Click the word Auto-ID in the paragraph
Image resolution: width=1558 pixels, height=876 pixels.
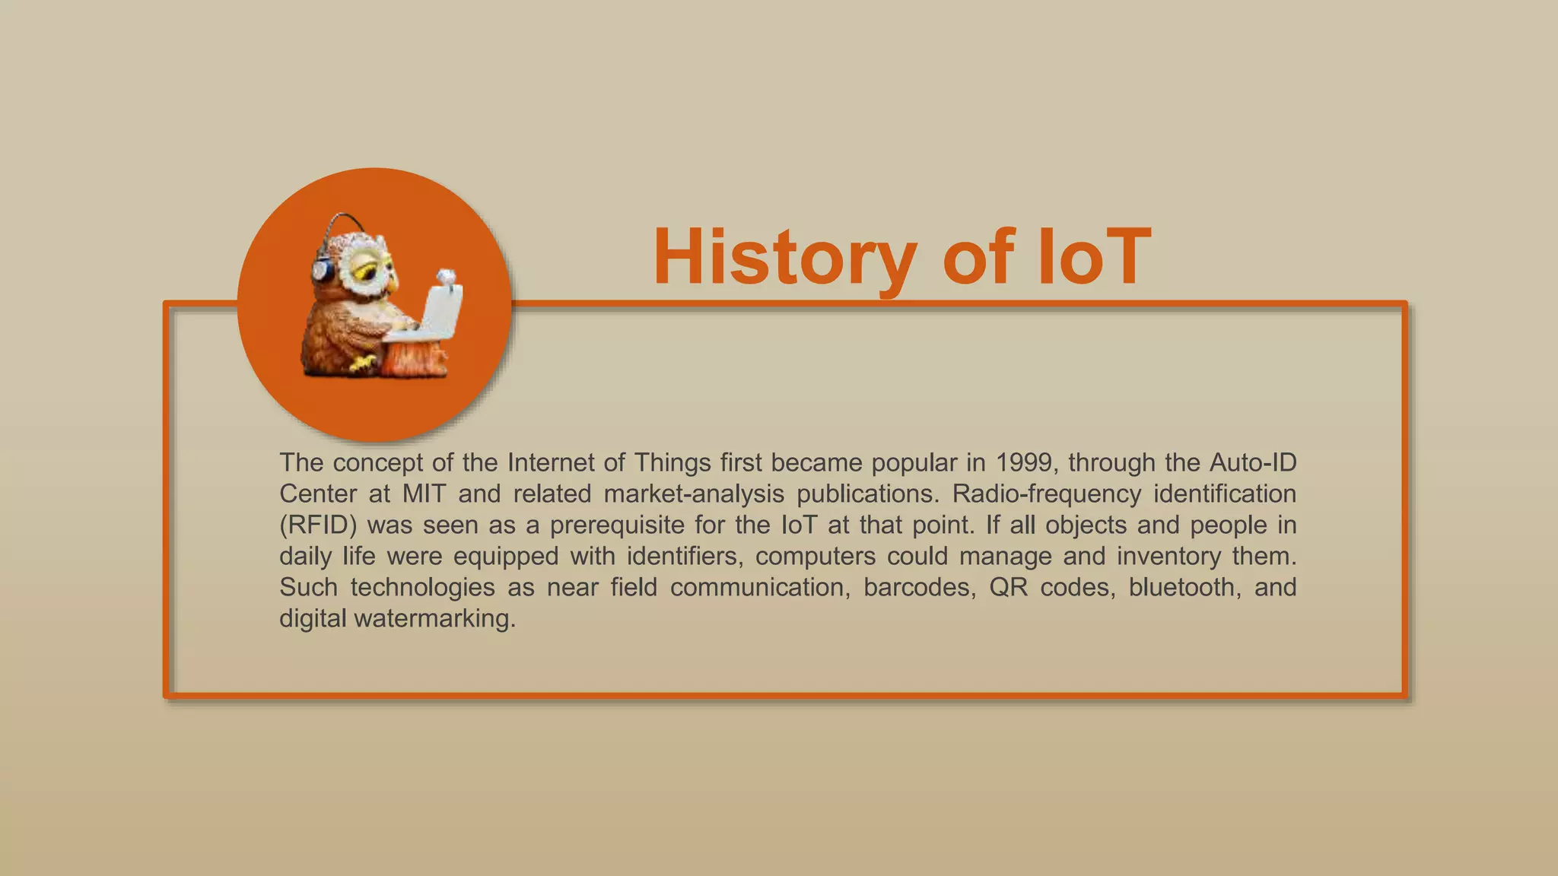(1252, 462)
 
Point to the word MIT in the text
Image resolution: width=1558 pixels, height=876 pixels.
(424, 494)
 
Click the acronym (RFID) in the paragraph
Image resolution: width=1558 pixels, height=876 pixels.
(318, 525)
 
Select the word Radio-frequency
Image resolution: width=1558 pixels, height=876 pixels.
(1046, 494)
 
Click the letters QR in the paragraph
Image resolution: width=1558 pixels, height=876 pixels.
(1008, 587)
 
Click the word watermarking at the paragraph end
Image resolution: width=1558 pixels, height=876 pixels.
(434, 618)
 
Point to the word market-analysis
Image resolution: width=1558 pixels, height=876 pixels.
(694, 494)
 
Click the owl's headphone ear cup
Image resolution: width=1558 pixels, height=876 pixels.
(323, 271)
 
